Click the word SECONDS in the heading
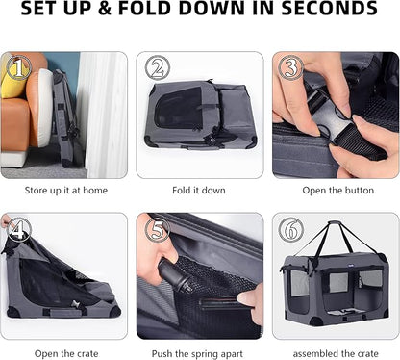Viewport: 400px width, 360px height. click(x=329, y=9)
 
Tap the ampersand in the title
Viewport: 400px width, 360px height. click(x=105, y=9)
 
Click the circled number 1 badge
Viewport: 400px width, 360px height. click(x=19, y=67)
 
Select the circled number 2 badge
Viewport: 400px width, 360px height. click(x=158, y=67)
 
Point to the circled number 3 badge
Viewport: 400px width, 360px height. click(x=290, y=67)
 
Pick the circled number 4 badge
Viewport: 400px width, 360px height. click(x=19, y=229)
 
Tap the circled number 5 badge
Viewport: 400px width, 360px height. click(x=158, y=230)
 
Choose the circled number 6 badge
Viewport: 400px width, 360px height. click(x=291, y=230)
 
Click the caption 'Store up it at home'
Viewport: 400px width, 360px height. click(x=66, y=191)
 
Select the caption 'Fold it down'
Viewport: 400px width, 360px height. click(x=199, y=191)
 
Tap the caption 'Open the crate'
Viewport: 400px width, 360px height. click(x=66, y=354)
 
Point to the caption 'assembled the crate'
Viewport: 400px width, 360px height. click(x=336, y=354)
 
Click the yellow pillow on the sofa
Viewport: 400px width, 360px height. click(x=12, y=79)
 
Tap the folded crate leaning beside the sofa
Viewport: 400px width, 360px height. click(x=65, y=118)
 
